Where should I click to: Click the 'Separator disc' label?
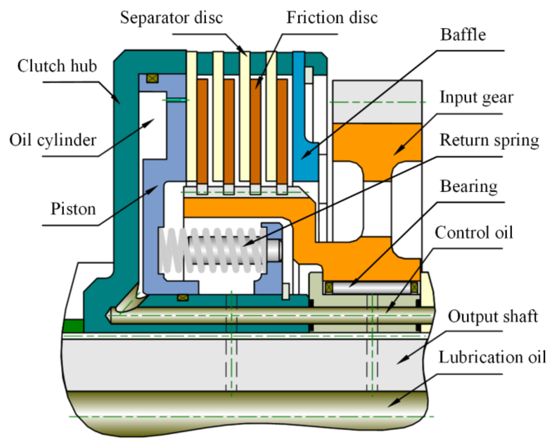point(171,18)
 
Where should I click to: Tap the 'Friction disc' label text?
point(332,18)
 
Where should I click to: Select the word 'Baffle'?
point(463,35)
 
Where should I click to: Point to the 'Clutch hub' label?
point(57,66)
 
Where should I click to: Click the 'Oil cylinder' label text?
point(53,140)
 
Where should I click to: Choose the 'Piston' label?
point(73,209)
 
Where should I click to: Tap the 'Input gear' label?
point(477,98)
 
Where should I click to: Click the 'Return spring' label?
point(489,140)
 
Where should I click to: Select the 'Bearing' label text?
point(469,187)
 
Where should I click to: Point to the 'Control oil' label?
point(474,232)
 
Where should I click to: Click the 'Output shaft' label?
point(493,317)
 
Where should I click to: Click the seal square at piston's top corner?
point(152,79)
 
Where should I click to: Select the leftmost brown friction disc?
point(202,131)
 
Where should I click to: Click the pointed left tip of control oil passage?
point(107,315)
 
